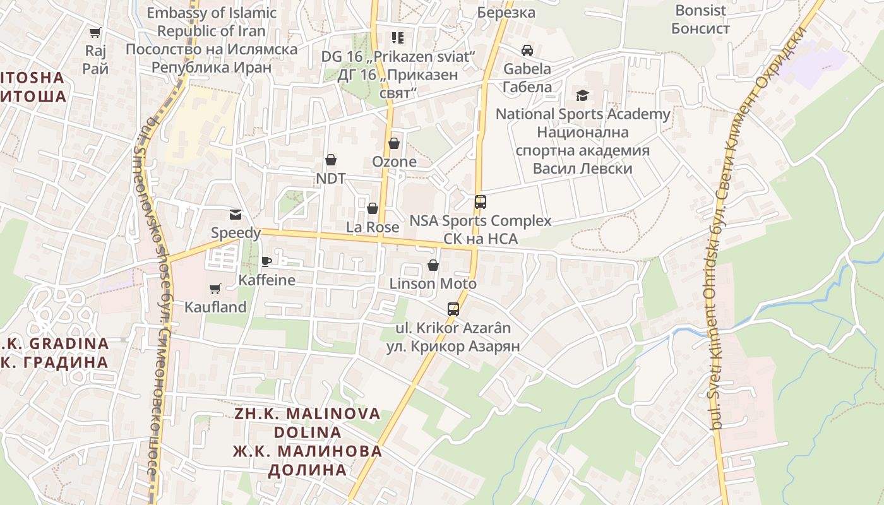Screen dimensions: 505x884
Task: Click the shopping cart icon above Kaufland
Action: coord(215,288)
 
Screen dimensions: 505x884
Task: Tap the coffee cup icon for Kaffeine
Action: coord(266,261)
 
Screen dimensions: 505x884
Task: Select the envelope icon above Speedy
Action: coord(236,215)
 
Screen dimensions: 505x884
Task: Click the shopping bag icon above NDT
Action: coord(330,160)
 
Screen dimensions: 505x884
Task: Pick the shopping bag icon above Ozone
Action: coord(394,143)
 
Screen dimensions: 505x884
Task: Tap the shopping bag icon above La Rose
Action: coord(373,208)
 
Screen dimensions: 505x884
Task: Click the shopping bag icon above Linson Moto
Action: coord(433,265)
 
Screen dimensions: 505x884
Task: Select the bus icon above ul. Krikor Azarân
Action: coord(453,309)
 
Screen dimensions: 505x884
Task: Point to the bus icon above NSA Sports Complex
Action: coord(481,202)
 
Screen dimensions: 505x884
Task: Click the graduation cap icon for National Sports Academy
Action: coord(582,95)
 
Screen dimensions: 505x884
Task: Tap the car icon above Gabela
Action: coord(527,50)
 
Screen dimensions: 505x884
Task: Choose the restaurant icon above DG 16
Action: coord(397,38)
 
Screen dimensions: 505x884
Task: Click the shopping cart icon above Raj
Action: coord(95,32)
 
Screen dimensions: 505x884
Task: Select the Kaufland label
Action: coord(215,307)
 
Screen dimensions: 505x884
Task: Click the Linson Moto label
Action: coord(433,284)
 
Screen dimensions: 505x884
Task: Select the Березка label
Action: coord(506,13)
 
